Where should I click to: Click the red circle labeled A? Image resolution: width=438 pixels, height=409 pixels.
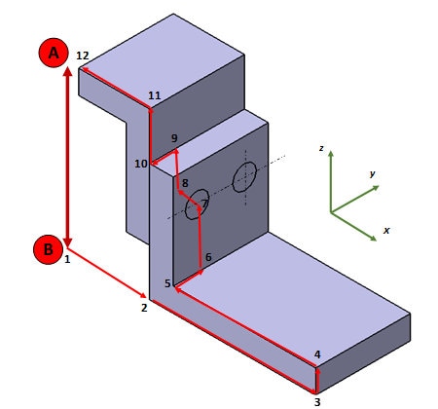(55, 53)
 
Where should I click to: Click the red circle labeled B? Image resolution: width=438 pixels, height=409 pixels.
(48, 250)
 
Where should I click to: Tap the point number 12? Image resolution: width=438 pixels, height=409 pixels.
(83, 56)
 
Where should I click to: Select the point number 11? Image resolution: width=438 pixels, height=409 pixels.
(155, 95)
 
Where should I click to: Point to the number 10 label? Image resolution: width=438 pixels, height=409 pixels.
(141, 164)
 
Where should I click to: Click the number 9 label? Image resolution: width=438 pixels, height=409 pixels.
(174, 139)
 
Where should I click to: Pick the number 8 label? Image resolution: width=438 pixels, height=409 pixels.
(185, 183)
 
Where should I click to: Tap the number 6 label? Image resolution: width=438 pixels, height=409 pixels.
(208, 257)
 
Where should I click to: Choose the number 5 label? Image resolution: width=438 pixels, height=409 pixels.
(167, 283)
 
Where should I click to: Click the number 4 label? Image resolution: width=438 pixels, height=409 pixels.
(317, 354)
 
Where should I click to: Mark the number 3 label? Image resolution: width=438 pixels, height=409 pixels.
(316, 401)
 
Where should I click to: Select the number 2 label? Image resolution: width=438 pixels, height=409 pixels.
(143, 308)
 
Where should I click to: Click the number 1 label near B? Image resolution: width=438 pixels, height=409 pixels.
(67, 259)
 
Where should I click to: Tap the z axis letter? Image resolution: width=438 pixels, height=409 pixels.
(320, 148)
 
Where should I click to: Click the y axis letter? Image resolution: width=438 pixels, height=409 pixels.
(373, 173)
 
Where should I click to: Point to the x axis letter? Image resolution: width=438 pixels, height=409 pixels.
(386, 230)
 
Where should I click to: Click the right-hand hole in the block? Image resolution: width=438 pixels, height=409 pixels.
(244, 177)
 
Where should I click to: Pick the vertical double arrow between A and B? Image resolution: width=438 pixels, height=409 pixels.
(66, 156)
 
